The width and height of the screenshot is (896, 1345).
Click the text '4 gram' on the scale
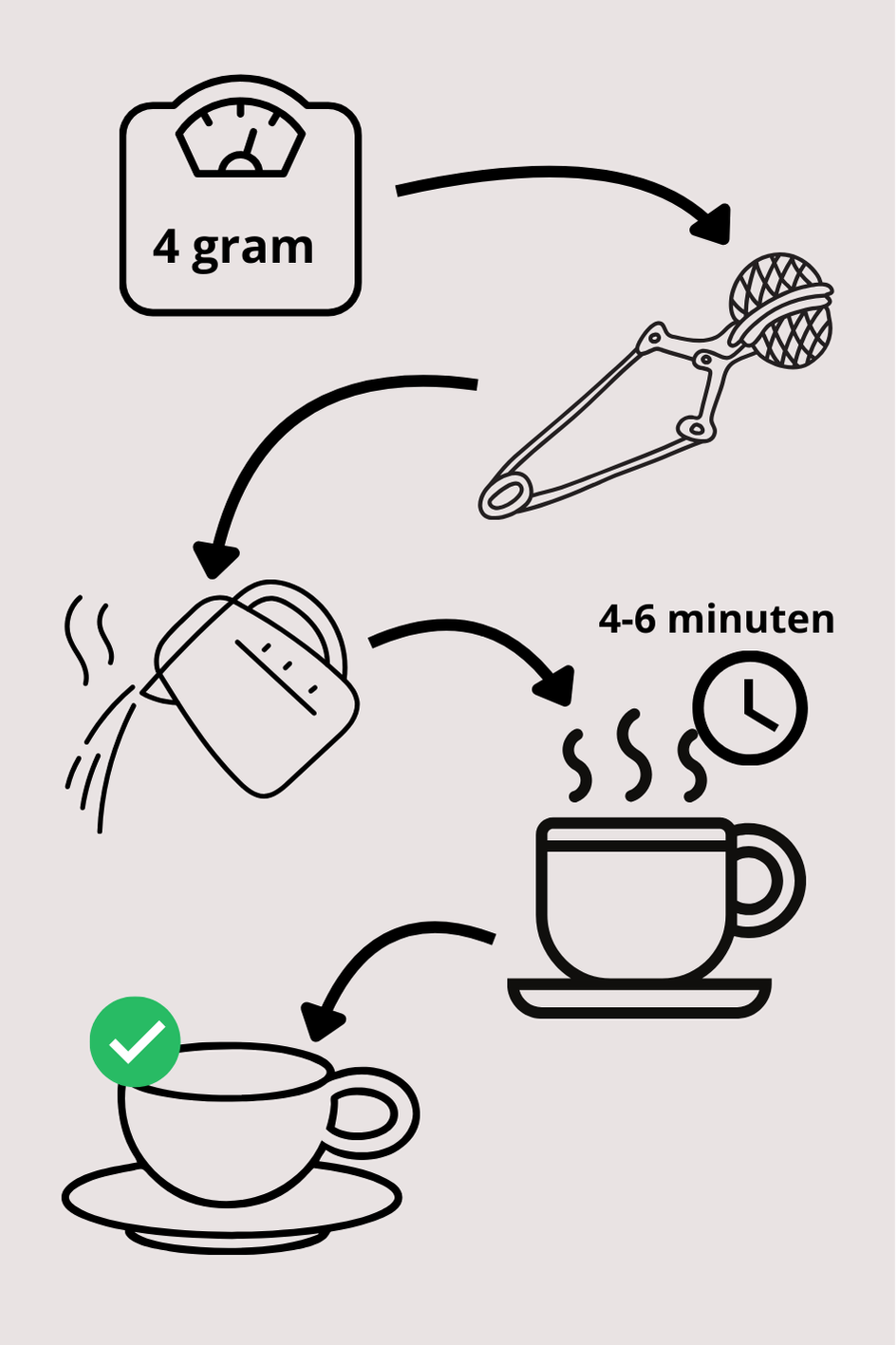pos(233,248)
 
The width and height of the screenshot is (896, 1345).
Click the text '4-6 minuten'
pos(717,619)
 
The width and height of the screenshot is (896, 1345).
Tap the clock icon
pos(750,708)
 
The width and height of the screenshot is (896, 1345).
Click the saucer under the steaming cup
pos(639,998)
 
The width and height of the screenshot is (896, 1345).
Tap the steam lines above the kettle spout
pos(89,640)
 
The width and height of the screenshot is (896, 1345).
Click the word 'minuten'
pos(751,619)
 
